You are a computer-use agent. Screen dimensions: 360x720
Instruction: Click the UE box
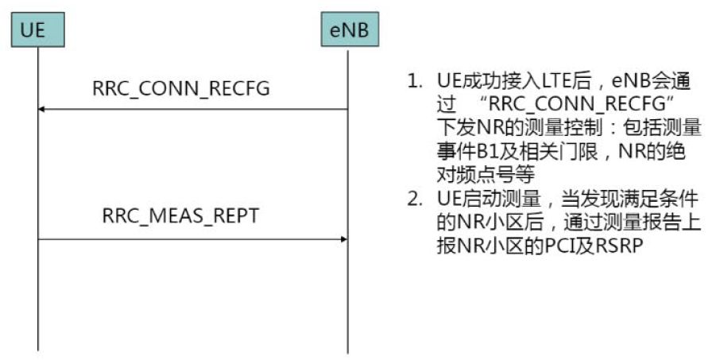point(37,31)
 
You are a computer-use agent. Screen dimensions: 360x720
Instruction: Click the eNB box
point(347,31)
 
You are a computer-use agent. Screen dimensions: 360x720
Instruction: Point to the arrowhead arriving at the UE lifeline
point(43,110)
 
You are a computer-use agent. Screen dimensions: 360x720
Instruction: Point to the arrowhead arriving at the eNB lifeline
point(343,238)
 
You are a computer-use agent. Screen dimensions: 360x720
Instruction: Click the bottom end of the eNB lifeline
point(347,351)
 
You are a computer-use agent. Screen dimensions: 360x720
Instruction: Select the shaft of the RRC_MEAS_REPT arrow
point(191,238)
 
